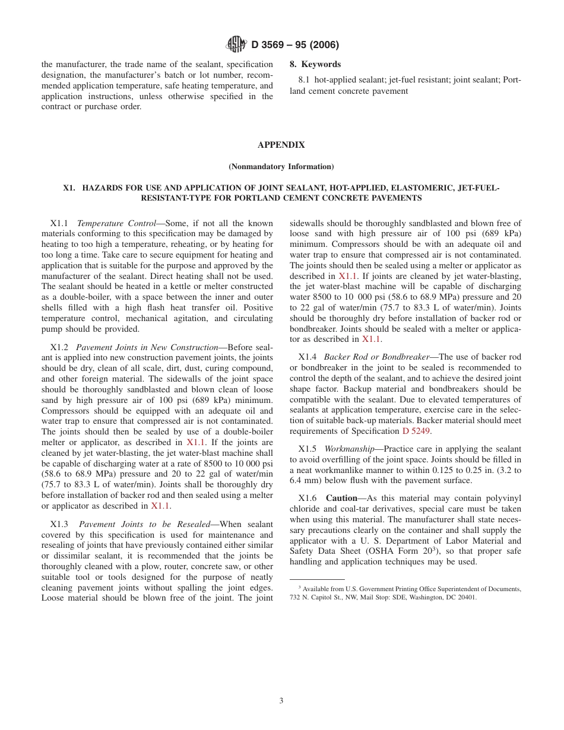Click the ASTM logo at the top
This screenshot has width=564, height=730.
coord(237,45)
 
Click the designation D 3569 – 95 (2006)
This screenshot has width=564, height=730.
coord(295,45)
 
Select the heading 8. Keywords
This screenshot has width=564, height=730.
coord(315,64)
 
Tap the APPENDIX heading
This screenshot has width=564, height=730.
coord(281,145)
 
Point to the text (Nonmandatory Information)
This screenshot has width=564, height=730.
coord(281,166)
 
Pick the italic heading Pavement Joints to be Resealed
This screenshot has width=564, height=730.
coord(144,524)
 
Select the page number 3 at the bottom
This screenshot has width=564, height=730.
coord(281,700)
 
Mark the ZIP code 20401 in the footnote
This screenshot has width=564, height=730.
coord(465,598)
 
